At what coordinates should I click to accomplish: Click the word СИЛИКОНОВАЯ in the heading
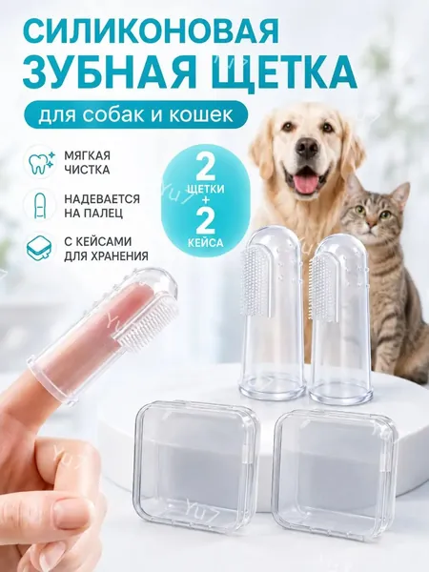click(152, 31)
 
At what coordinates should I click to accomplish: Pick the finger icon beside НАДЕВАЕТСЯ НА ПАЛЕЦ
click(39, 205)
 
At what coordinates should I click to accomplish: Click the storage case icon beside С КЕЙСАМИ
click(39, 247)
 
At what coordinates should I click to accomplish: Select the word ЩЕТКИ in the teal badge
click(205, 190)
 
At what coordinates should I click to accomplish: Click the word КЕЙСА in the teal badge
click(205, 242)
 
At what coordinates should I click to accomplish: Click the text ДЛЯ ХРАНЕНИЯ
click(107, 256)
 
